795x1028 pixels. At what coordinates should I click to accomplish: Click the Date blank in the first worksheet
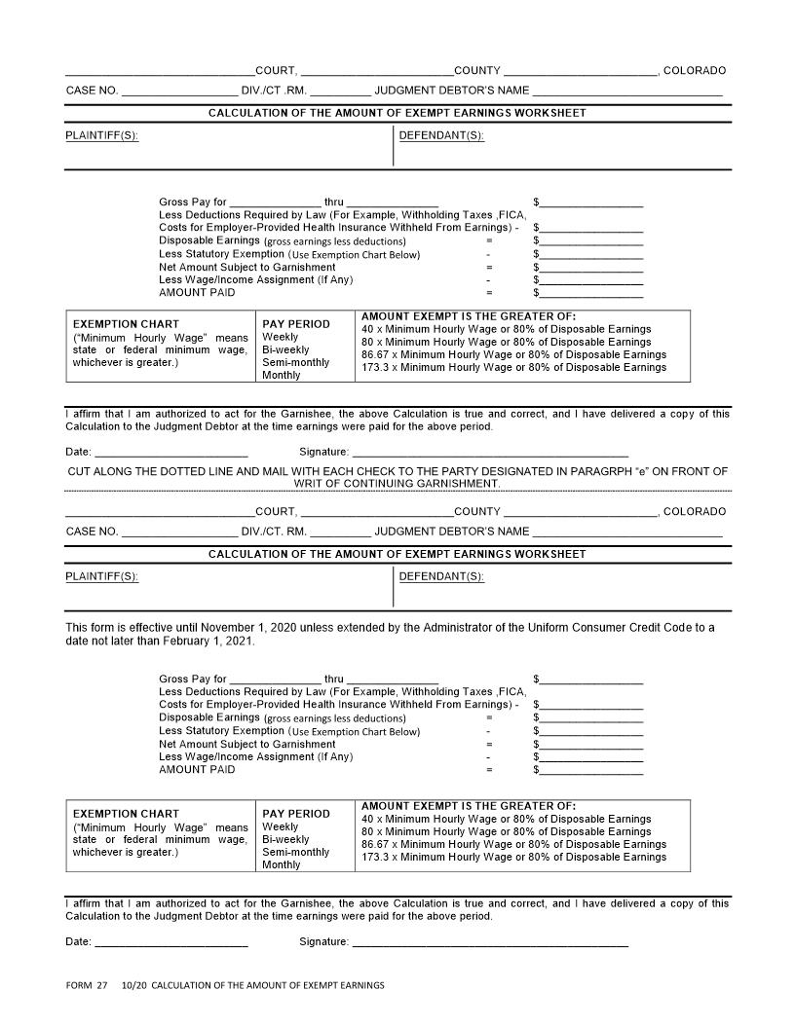coord(171,453)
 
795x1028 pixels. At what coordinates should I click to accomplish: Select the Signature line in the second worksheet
coord(489,942)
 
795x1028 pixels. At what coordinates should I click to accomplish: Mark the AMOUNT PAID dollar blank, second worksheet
coord(590,770)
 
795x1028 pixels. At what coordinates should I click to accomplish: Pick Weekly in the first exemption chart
coord(281,337)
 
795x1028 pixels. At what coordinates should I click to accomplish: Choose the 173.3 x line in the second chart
coord(513,857)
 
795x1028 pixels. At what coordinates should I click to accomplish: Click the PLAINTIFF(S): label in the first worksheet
coord(101,135)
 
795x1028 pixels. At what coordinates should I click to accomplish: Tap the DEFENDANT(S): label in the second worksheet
coord(441,576)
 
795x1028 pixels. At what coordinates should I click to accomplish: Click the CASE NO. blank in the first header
coord(178,92)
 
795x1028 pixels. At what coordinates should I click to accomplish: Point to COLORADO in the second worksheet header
coord(695,511)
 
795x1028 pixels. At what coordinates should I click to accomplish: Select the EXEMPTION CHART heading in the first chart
coord(112,324)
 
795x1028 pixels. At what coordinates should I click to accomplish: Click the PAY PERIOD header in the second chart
coord(296,814)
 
